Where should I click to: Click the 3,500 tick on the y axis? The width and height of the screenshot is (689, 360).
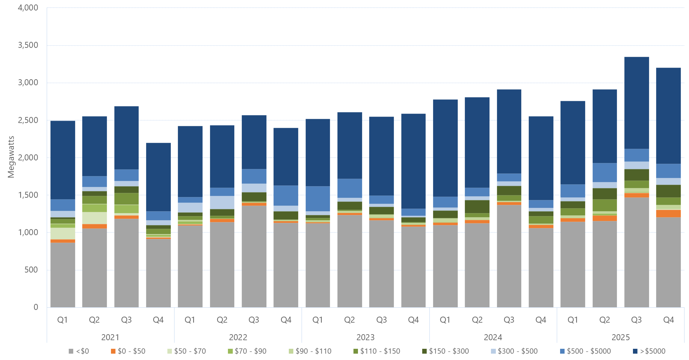point(28,45)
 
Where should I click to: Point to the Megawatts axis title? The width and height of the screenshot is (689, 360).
point(11,157)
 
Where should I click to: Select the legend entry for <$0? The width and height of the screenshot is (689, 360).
point(79,351)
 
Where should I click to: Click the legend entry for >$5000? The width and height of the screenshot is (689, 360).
point(649,351)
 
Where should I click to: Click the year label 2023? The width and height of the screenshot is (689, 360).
point(365,337)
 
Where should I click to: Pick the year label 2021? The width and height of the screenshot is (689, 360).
point(110,337)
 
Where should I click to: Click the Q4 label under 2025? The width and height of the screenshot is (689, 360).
point(668,320)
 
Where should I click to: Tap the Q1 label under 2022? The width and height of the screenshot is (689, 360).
point(190,320)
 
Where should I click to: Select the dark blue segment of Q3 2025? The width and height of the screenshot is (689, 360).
point(636,103)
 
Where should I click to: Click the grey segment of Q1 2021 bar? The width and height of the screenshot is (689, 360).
point(63,275)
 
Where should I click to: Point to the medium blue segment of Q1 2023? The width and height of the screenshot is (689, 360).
point(318,199)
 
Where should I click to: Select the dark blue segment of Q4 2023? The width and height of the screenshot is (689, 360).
point(413,161)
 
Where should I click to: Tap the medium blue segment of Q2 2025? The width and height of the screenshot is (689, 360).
point(605,172)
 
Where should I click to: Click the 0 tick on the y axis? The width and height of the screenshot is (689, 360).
point(36,307)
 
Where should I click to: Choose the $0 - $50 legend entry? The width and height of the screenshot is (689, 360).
point(128,351)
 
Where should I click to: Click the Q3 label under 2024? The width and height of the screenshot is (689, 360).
point(509,320)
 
